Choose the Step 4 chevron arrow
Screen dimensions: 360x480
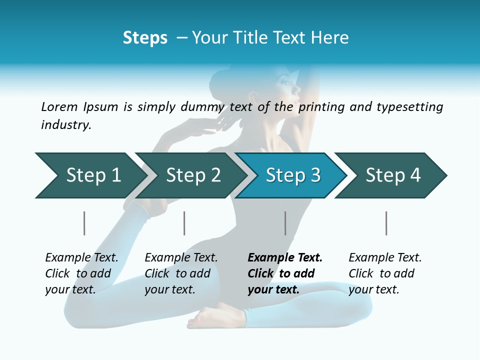tap(393, 175)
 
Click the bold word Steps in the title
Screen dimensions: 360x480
tap(145, 38)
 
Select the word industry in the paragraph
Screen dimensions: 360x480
tap(65, 125)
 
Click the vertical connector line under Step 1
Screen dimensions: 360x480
tap(84, 223)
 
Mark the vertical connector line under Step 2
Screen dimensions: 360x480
tap(184, 223)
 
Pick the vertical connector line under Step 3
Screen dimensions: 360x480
tap(285, 223)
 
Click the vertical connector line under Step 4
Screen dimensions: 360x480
tap(386, 223)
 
